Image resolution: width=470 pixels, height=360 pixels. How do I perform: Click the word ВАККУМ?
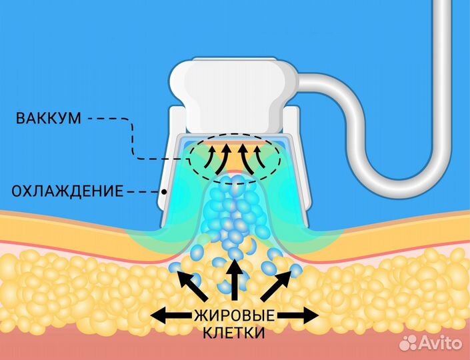click(x=48, y=118)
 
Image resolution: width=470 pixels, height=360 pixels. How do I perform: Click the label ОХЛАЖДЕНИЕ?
click(x=67, y=191)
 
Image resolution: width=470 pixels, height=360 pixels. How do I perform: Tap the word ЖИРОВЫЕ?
click(x=235, y=315)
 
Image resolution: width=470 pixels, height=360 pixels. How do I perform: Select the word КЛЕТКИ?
click(x=234, y=333)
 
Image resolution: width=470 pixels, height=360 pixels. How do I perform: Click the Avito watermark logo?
click(x=431, y=342)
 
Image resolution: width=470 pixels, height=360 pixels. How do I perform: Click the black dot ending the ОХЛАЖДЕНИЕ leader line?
click(x=163, y=191)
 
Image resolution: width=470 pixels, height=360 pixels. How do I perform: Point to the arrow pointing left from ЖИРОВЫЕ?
click(x=171, y=315)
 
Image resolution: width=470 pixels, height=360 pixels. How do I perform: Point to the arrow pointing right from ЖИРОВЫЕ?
click(x=298, y=315)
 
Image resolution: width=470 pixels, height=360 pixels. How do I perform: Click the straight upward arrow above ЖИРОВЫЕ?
click(x=235, y=280)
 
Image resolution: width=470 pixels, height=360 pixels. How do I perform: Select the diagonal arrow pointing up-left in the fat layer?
click(x=192, y=285)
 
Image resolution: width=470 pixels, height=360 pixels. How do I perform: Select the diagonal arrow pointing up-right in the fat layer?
click(x=276, y=285)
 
